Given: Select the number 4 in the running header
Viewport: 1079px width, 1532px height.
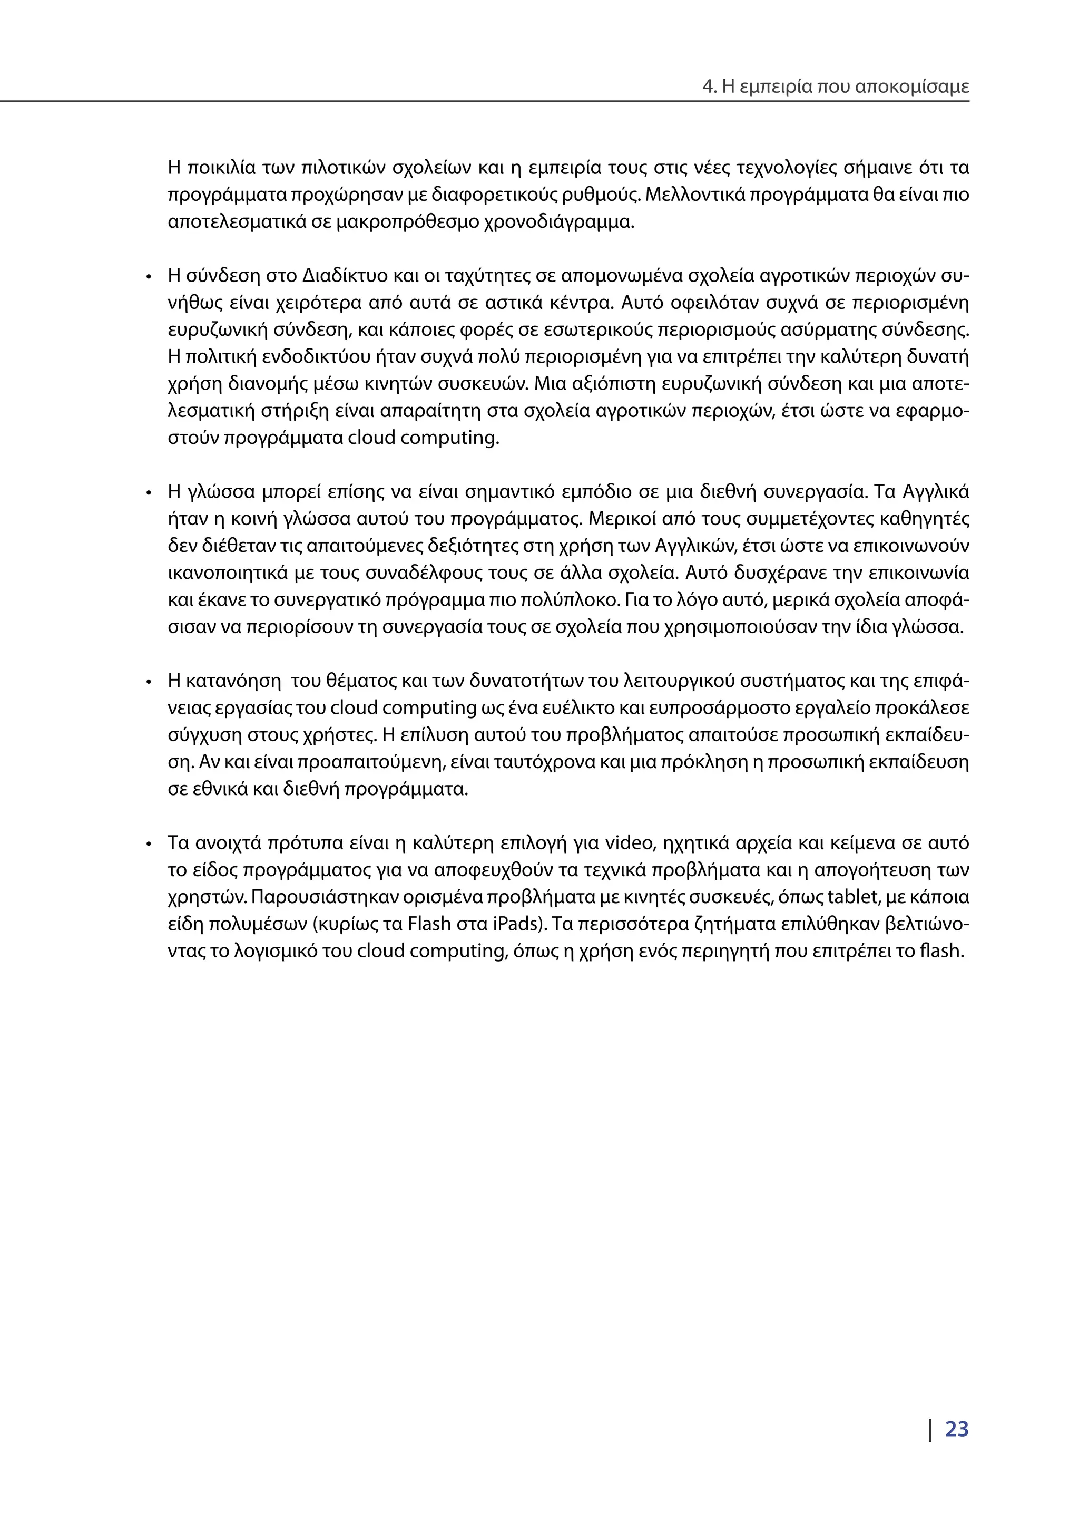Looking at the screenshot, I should click(708, 87).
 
